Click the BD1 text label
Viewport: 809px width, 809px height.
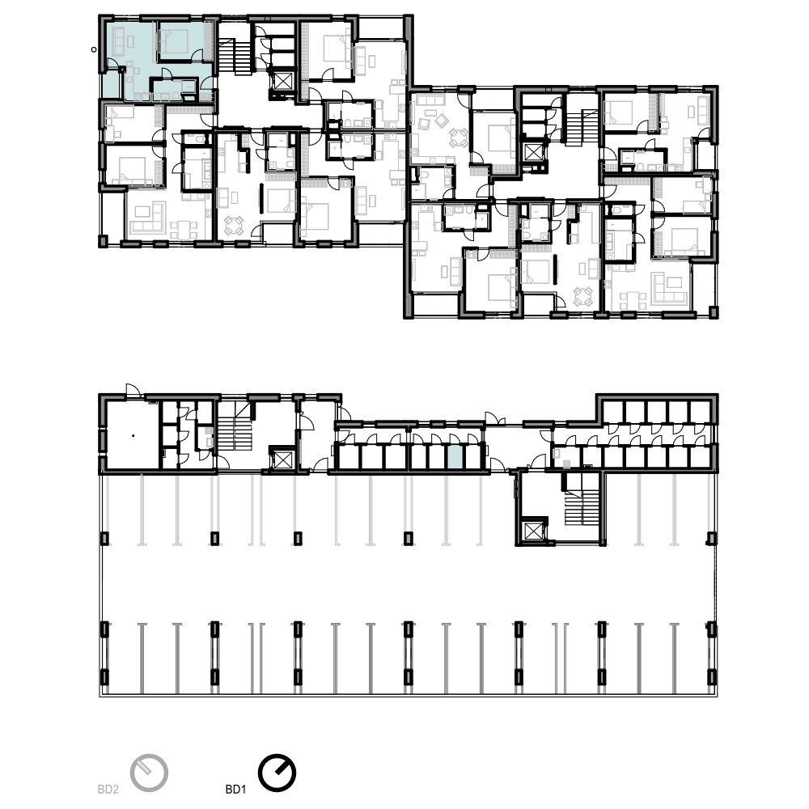235,790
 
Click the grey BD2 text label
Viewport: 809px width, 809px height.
108,790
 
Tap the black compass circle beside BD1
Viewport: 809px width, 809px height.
277,773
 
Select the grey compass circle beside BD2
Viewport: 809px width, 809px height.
149,773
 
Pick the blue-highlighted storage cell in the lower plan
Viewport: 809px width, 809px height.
455,457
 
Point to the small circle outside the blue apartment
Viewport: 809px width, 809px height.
93,49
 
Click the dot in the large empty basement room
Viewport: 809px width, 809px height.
133,436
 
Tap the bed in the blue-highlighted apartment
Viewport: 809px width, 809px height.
176,41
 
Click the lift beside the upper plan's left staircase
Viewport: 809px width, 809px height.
282,81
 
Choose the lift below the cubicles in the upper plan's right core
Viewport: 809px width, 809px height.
532,153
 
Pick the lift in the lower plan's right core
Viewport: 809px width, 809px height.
532,532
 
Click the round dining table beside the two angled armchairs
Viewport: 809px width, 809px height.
458,138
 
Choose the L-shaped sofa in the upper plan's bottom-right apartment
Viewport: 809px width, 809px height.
670,287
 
